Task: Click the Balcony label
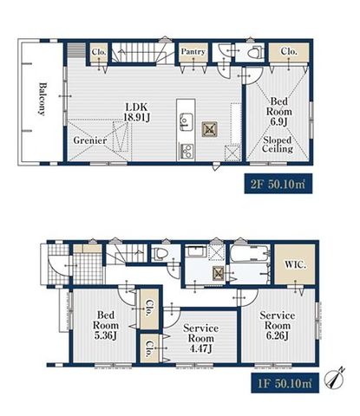click(x=43, y=99)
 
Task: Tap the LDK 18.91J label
click(x=136, y=112)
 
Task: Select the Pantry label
click(x=193, y=52)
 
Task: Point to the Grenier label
click(x=90, y=140)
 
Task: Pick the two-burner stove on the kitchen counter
click(x=187, y=151)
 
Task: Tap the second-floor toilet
click(x=255, y=52)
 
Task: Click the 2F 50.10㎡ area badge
click(x=278, y=184)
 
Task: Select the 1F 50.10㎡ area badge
click(x=285, y=383)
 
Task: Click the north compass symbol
click(x=335, y=379)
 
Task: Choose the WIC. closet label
click(x=295, y=264)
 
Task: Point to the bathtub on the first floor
click(x=250, y=253)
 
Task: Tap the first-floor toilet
click(x=161, y=253)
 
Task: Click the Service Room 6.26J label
click(x=278, y=325)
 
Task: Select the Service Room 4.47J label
click(x=201, y=338)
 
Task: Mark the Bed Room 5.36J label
click(x=106, y=325)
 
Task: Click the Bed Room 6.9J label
click(x=279, y=112)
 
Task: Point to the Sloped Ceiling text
click(x=278, y=145)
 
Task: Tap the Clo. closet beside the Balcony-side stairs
click(x=99, y=52)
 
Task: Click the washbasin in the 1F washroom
click(x=197, y=251)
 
